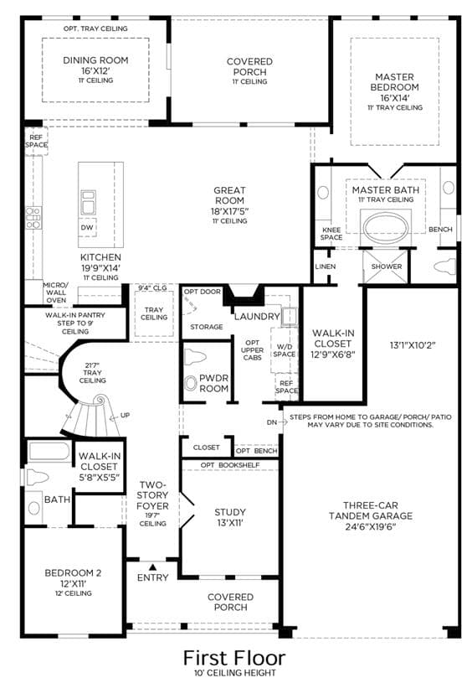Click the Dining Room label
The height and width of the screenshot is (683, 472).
point(95,60)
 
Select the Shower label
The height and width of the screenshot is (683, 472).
point(387,266)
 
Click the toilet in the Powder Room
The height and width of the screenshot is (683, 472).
point(195,357)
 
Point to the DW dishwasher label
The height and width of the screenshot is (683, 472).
point(87,227)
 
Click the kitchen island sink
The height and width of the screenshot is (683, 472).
point(88,203)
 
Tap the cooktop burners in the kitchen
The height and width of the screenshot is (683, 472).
point(33,217)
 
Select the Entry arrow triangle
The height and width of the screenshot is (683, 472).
point(152,567)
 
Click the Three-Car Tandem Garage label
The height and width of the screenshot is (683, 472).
point(371,510)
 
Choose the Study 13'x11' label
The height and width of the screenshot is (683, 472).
point(230,517)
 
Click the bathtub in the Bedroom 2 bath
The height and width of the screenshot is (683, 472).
point(49,452)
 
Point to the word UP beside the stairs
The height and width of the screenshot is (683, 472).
point(126,415)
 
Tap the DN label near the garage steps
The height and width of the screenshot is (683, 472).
point(272,422)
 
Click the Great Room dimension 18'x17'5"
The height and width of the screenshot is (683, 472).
point(229,211)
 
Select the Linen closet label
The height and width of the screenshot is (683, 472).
point(326,266)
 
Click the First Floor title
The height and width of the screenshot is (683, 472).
point(234,658)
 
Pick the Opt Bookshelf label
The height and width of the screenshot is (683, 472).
point(230,465)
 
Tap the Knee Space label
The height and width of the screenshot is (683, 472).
point(331,234)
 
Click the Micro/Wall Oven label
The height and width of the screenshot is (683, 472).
point(56,292)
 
